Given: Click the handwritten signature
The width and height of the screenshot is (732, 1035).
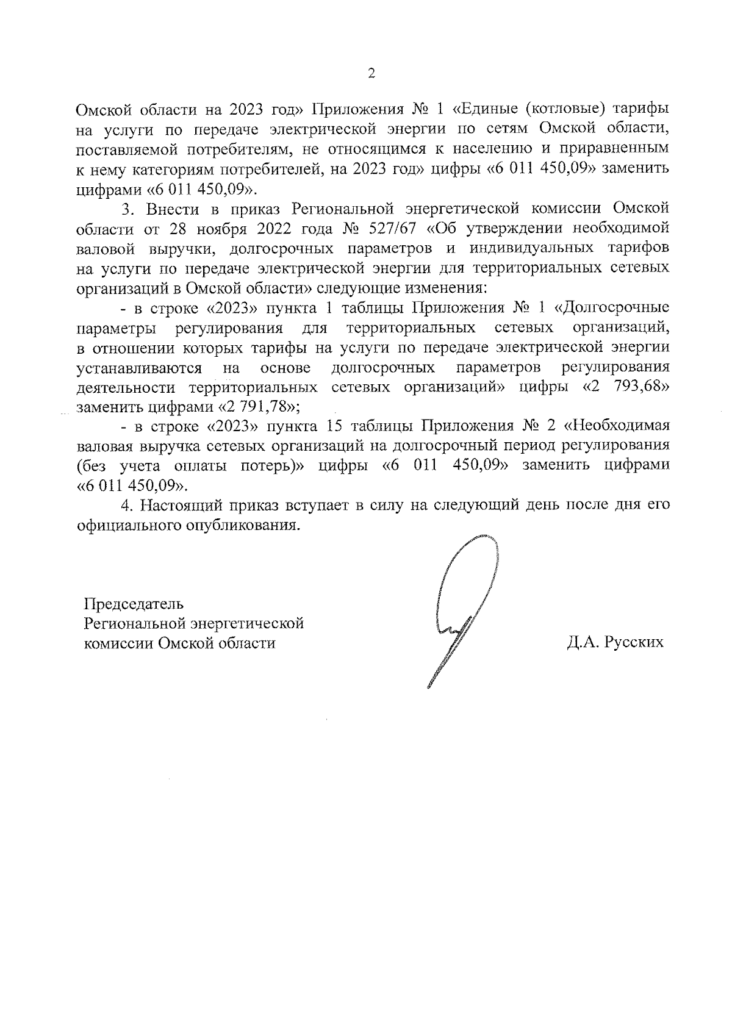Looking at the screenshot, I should (464, 610).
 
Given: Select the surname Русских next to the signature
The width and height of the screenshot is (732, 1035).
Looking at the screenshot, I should (634, 643).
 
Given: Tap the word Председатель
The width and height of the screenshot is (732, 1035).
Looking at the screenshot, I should (134, 604).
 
